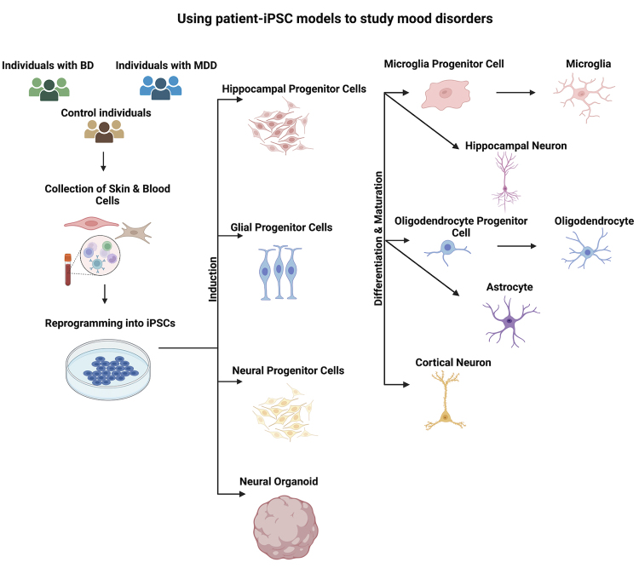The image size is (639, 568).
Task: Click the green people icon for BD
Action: click(x=49, y=89)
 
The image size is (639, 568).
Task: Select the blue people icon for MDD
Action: click(x=160, y=88)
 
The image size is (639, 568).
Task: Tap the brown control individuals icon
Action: click(x=104, y=131)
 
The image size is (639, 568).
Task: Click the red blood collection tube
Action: click(x=67, y=269)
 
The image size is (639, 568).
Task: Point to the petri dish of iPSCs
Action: click(x=108, y=370)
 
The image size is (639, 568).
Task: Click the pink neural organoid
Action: click(x=285, y=528)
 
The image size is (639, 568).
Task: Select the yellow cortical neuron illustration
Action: click(x=445, y=401)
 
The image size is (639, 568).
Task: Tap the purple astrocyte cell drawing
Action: click(x=509, y=322)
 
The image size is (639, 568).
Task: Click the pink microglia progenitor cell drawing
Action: click(x=446, y=95)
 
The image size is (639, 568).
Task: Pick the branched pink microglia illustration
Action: click(x=584, y=96)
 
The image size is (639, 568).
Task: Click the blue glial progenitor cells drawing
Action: click(x=280, y=273)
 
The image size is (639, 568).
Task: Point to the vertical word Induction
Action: click(x=213, y=279)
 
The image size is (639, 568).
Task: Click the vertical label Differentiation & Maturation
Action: click(x=378, y=238)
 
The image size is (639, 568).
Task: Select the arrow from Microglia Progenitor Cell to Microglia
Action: click(x=515, y=93)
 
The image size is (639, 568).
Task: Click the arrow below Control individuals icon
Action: click(x=103, y=161)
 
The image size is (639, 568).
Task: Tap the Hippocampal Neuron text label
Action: click(x=516, y=146)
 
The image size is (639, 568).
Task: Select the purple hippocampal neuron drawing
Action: click(x=505, y=182)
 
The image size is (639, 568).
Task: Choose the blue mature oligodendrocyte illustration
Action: click(x=587, y=250)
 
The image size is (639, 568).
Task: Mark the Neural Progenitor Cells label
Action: click(x=288, y=370)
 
